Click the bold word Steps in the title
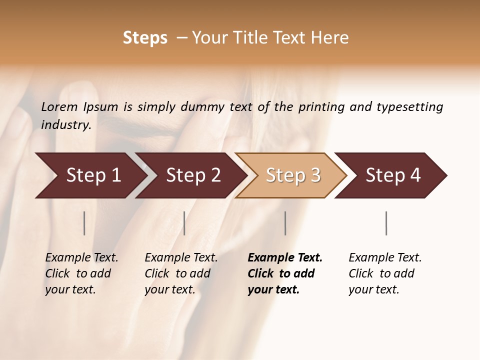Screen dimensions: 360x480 145,38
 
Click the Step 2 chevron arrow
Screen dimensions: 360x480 190,175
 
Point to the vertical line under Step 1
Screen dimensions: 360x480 84,223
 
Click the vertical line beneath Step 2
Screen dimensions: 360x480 184,223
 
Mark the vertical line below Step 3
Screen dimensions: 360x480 285,223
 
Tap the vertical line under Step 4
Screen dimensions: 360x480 386,223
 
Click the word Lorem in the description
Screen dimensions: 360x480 59,106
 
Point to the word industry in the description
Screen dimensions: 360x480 66,124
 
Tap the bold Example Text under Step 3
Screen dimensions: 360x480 285,257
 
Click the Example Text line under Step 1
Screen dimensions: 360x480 81,257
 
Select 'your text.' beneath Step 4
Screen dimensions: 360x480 373,289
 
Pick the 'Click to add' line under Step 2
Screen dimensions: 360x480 177,273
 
